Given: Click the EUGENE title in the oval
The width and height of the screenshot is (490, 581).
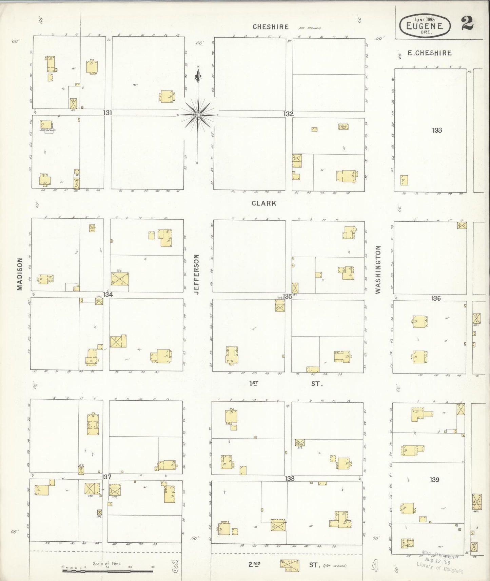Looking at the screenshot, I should (x=426, y=25).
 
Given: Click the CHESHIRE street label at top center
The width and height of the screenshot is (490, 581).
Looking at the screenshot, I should (x=271, y=27).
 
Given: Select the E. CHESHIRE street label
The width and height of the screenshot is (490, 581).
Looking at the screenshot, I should (x=429, y=53).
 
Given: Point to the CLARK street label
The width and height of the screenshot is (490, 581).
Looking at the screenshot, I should (x=264, y=203).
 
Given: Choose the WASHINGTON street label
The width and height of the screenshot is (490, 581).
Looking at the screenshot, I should (x=378, y=270).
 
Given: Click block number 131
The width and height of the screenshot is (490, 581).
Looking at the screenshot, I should (x=108, y=113).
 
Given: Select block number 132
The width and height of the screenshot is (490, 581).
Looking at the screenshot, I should (x=289, y=114).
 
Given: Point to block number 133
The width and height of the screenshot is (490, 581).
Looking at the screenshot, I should (x=437, y=130).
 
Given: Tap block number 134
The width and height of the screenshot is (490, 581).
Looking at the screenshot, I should (x=108, y=295).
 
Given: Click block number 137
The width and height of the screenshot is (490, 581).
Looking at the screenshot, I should (x=106, y=477).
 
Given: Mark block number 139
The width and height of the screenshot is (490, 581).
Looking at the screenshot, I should (x=434, y=480).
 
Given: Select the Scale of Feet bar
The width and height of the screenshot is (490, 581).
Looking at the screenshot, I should (x=108, y=571).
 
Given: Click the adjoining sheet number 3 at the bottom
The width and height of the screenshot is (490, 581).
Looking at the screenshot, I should (x=175, y=566).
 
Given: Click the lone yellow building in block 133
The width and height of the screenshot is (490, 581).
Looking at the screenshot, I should (x=404, y=180).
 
